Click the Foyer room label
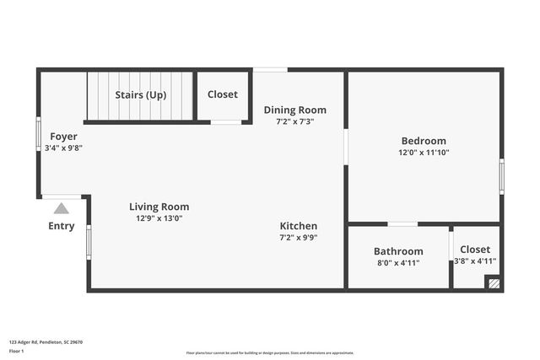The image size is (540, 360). coord(63,137)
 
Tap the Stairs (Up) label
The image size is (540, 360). coord(140,94)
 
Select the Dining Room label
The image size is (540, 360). coord(294,110)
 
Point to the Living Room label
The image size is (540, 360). coord(159,207)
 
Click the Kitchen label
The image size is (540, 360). coord(299,226)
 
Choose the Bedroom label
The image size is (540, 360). coord(423,141)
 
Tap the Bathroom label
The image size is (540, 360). coord(398,251)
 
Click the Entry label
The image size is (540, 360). coord(62,226)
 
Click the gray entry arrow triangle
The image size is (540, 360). coord(62,208)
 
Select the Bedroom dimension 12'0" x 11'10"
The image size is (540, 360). coord(424,153)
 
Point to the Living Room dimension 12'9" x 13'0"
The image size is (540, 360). coord(159,218)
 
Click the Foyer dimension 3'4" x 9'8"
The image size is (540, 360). coord(63,148)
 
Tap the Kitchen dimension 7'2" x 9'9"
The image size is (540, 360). coord(299,238)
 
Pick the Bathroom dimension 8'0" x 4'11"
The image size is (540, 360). coord(398,262)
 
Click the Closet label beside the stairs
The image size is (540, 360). coord(223,94)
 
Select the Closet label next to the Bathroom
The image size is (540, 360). coord(475,250)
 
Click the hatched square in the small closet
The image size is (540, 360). coord(494,284)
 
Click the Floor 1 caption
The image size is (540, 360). coord(16,351)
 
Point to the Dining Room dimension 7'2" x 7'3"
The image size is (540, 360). coord(294,121)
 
